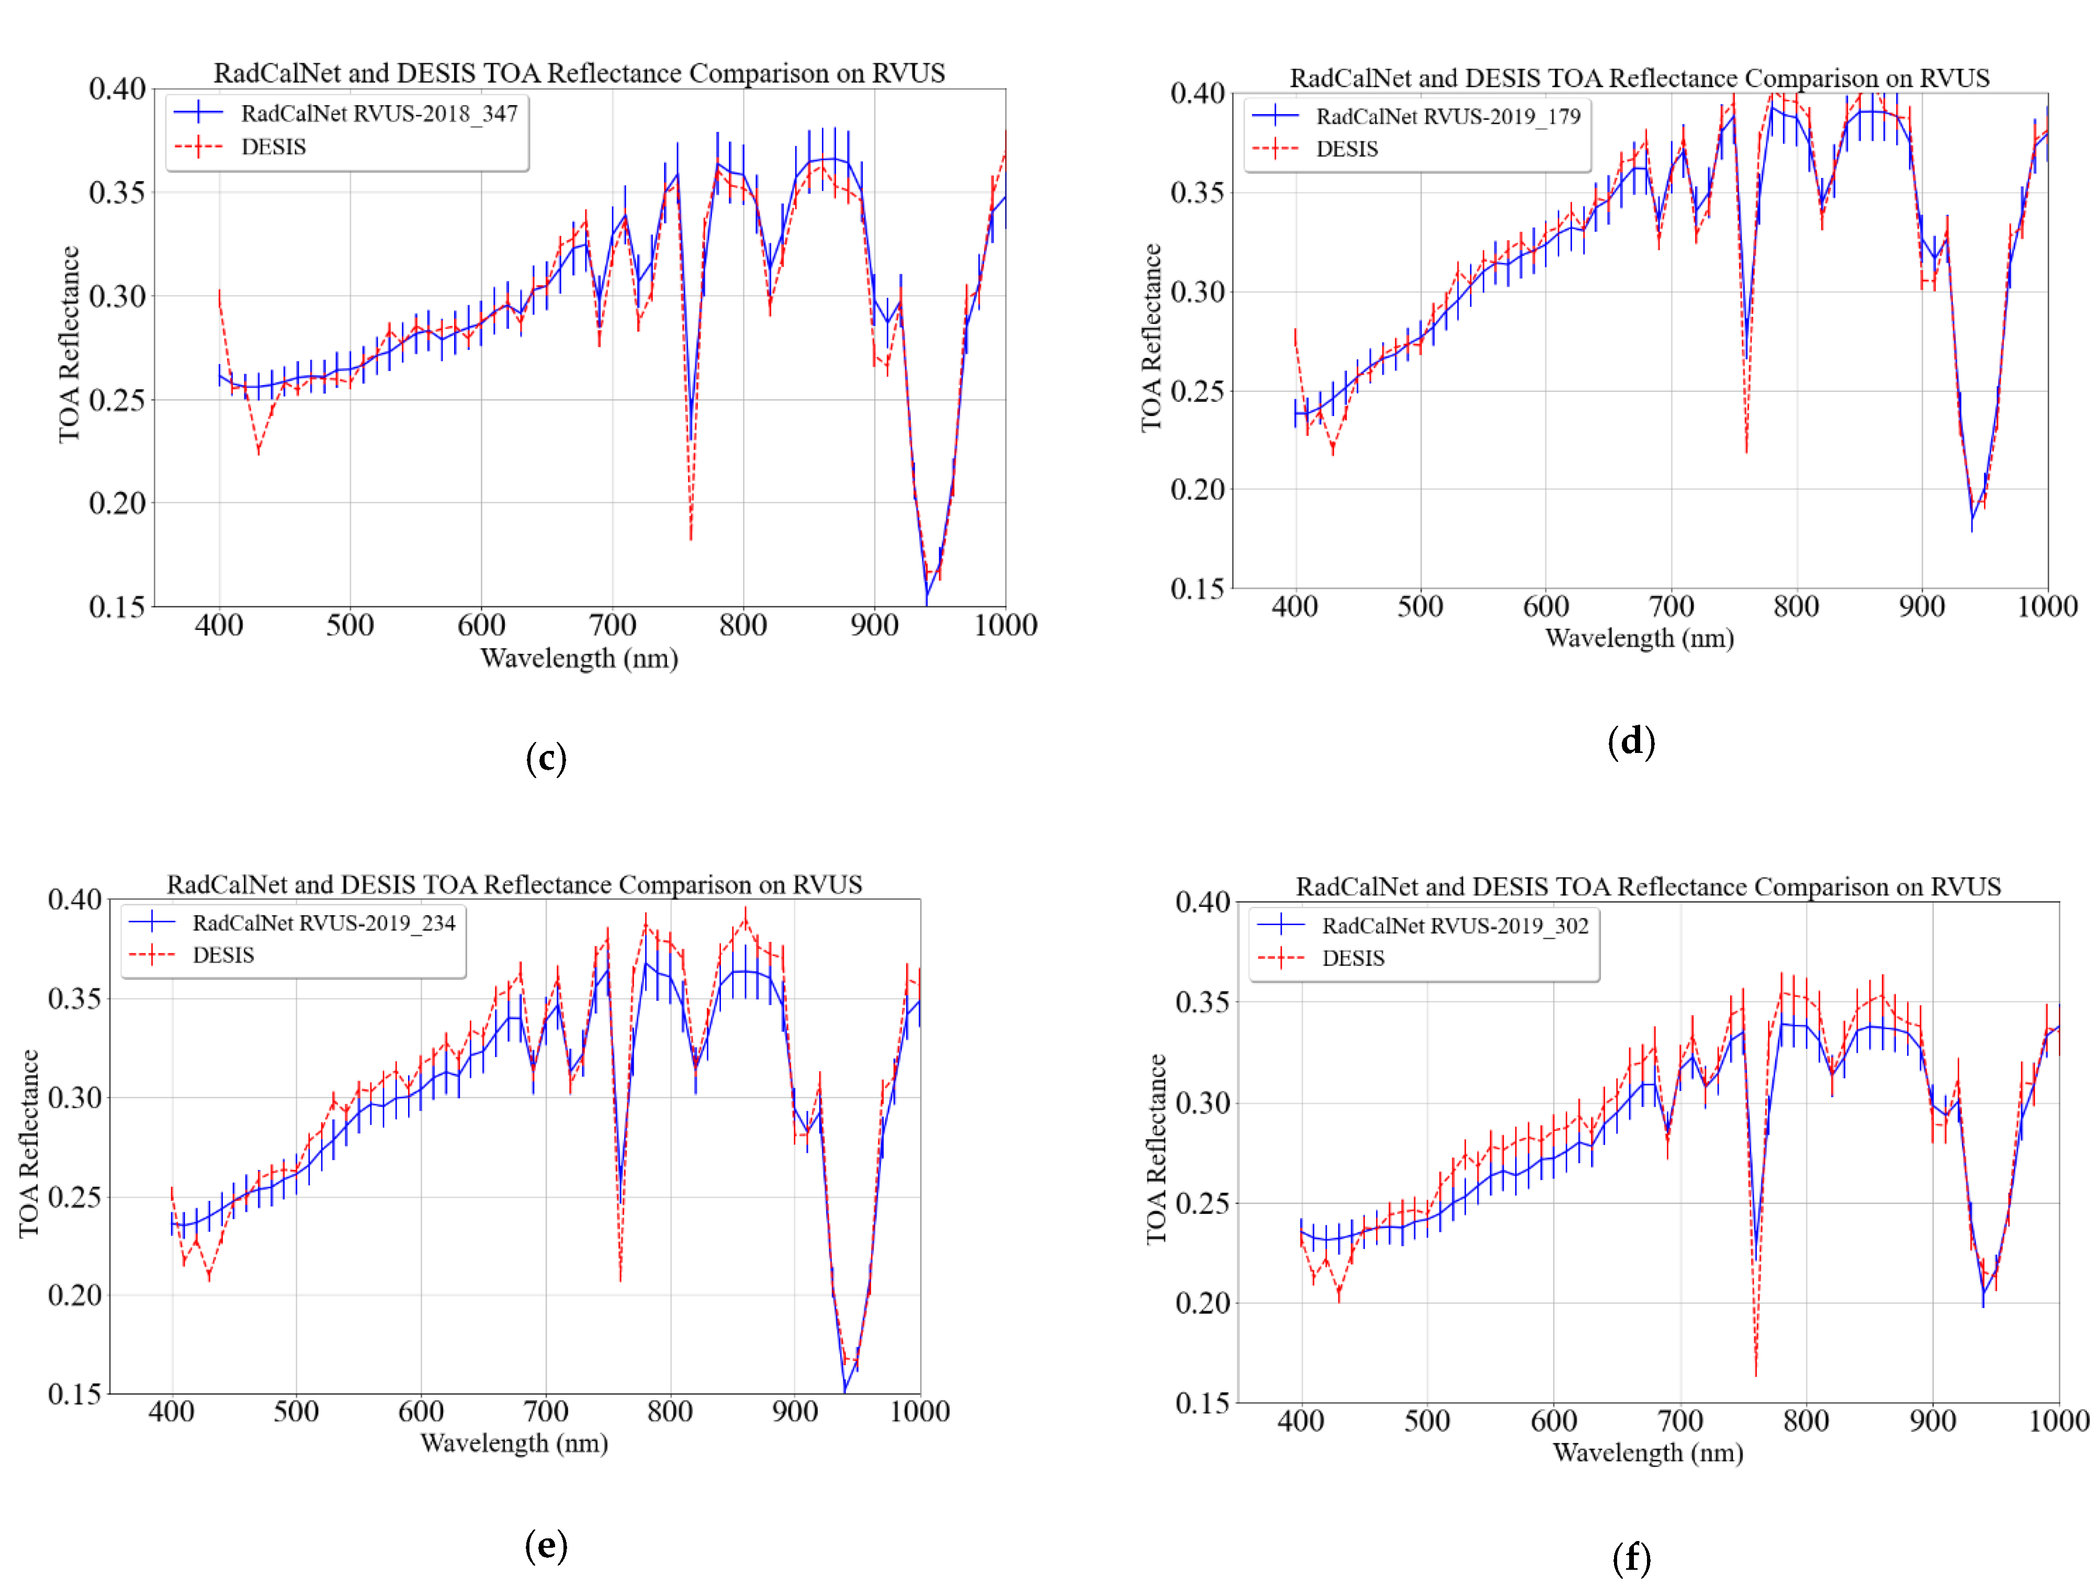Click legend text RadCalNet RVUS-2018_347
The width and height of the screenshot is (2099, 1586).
(379, 114)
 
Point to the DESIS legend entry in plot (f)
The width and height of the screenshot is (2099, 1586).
(1353, 959)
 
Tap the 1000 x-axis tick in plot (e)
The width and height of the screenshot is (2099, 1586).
(919, 1411)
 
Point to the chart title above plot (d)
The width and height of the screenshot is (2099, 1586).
(1639, 78)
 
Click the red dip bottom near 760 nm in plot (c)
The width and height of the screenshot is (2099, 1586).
(691, 538)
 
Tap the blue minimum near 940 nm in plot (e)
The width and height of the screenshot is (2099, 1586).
(844, 1390)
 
